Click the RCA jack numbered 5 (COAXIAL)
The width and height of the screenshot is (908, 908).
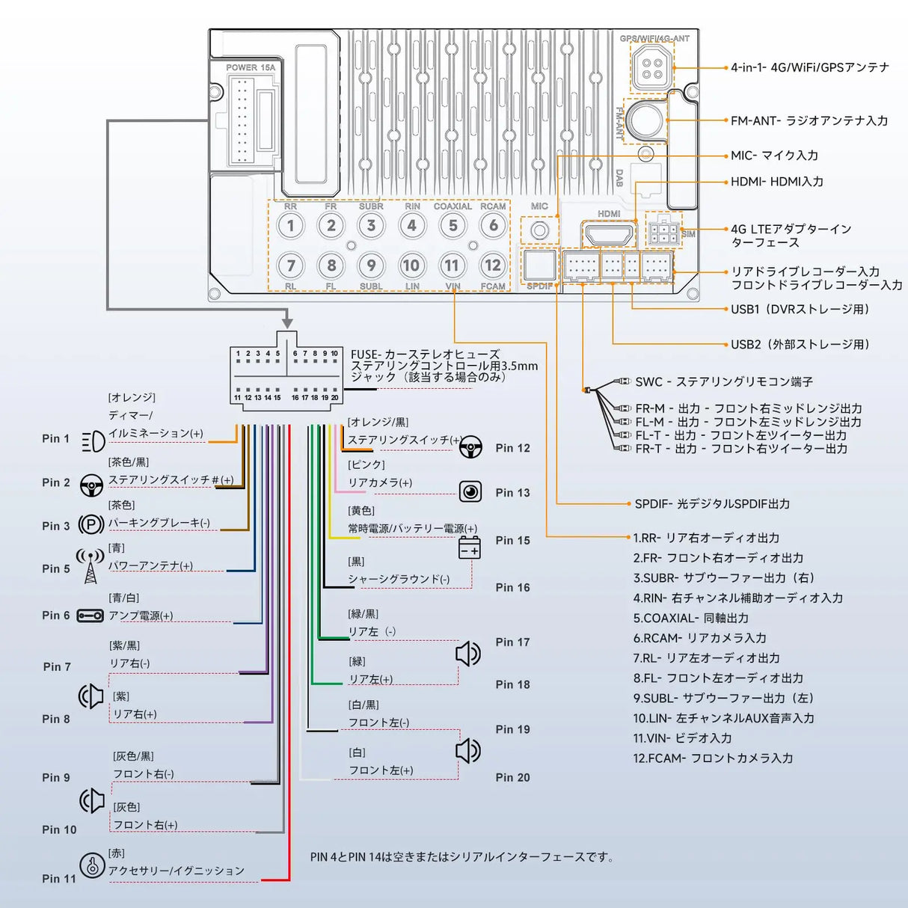click(453, 226)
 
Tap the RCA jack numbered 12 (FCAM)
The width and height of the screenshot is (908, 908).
click(492, 265)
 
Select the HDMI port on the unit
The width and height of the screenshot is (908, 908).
click(609, 235)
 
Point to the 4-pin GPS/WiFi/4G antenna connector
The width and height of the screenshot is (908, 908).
click(651, 67)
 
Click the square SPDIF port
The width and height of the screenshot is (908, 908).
click(539, 265)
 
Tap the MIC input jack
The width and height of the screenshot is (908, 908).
click(539, 230)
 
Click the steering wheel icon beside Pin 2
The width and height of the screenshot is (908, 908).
click(91, 485)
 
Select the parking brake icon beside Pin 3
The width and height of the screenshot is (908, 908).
click(91, 524)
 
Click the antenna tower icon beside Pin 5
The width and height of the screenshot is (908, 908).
click(91, 567)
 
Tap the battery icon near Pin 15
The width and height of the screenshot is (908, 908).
click(469, 547)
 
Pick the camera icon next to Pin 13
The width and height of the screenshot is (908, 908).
click(470, 491)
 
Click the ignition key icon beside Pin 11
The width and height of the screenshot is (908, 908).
click(92, 866)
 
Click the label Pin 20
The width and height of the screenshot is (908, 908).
click(512, 778)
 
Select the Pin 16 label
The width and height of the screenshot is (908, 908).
click(512, 588)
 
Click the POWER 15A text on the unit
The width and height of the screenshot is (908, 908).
click(251, 67)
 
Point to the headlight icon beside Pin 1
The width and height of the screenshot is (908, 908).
click(93, 441)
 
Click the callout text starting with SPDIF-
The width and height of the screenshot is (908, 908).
click(712, 504)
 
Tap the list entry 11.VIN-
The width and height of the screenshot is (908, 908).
click(682, 738)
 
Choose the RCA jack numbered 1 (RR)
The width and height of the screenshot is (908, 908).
click(291, 226)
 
